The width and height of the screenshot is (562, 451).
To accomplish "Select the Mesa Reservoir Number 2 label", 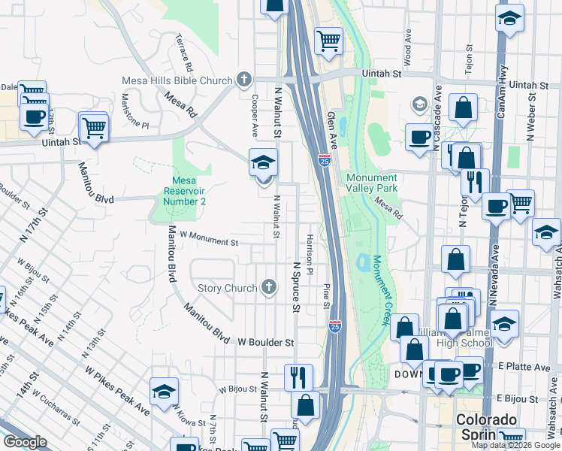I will [x=184, y=192].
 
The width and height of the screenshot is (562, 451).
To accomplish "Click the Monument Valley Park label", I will [x=370, y=183].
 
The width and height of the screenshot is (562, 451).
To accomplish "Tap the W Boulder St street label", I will [x=265, y=342].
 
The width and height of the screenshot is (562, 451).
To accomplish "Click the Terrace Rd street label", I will [x=185, y=50].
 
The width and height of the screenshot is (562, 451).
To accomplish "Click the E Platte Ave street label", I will [x=523, y=368].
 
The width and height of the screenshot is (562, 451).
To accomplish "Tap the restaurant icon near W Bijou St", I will [x=298, y=377].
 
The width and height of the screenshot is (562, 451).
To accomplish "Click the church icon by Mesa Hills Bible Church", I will [x=243, y=79].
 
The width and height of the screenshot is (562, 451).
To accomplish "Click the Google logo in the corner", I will [x=25, y=442].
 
